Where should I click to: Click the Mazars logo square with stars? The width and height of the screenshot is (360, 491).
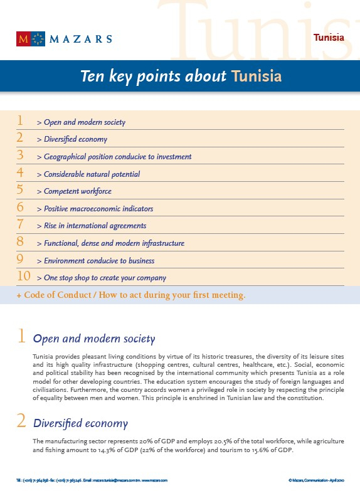(38, 39)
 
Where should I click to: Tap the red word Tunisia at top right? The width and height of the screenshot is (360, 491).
(329, 38)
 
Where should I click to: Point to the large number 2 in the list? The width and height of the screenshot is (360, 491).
(20, 138)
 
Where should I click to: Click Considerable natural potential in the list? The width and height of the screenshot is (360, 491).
(92, 174)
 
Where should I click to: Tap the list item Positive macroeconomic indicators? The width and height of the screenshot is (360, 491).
(98, 209)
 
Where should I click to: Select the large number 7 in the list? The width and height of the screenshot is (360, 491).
(20, 224)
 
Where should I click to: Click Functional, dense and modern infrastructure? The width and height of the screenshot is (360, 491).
(114, 243)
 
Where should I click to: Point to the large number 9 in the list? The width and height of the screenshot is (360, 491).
(20, 259)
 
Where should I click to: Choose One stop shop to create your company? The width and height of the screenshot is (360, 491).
(105, 278)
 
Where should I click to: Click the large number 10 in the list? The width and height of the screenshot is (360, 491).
(24, 276)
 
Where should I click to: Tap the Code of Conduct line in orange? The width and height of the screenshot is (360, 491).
(130, 295)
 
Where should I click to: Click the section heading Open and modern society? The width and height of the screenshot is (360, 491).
(93, 339)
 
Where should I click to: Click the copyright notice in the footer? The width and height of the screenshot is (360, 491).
(316, 480)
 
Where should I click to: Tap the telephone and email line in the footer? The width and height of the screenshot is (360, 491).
(92, 480)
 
